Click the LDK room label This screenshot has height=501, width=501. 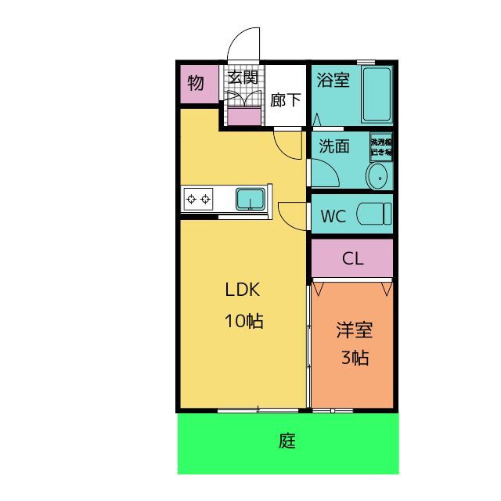pyautogui.click(x=242, y=290)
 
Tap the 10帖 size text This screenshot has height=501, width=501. pyautogui.click(x=243, y=321)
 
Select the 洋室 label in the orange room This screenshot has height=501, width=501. pyautogui.click(x=354, y=330)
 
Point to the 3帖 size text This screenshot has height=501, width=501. pyautogui.click(x=354, y=359)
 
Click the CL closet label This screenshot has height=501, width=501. pyautogui.click(x=353, y=258)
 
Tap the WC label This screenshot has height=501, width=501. pyautogui.click(x=333, y=217)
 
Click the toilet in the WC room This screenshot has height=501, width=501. pyautogui.click(x=373, y=214)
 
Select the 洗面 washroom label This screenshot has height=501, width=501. pyautogui.click(x=334, y=146)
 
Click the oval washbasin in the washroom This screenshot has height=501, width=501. pyautogui.click(x=377, y=178)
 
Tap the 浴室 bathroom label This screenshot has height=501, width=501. pyautogui.click(x=333, y=80)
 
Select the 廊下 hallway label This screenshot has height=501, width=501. pyautogui.click(x=286, y=100)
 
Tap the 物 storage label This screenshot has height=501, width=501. pyautogui.click(x=196, y=83)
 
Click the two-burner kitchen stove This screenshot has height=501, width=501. pyautogui.click(x=198, y=199)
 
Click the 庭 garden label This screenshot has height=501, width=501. pyautogui.click(x=287, y=442)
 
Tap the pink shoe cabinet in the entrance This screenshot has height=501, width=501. pyautogui.click(x=243, y=116)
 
